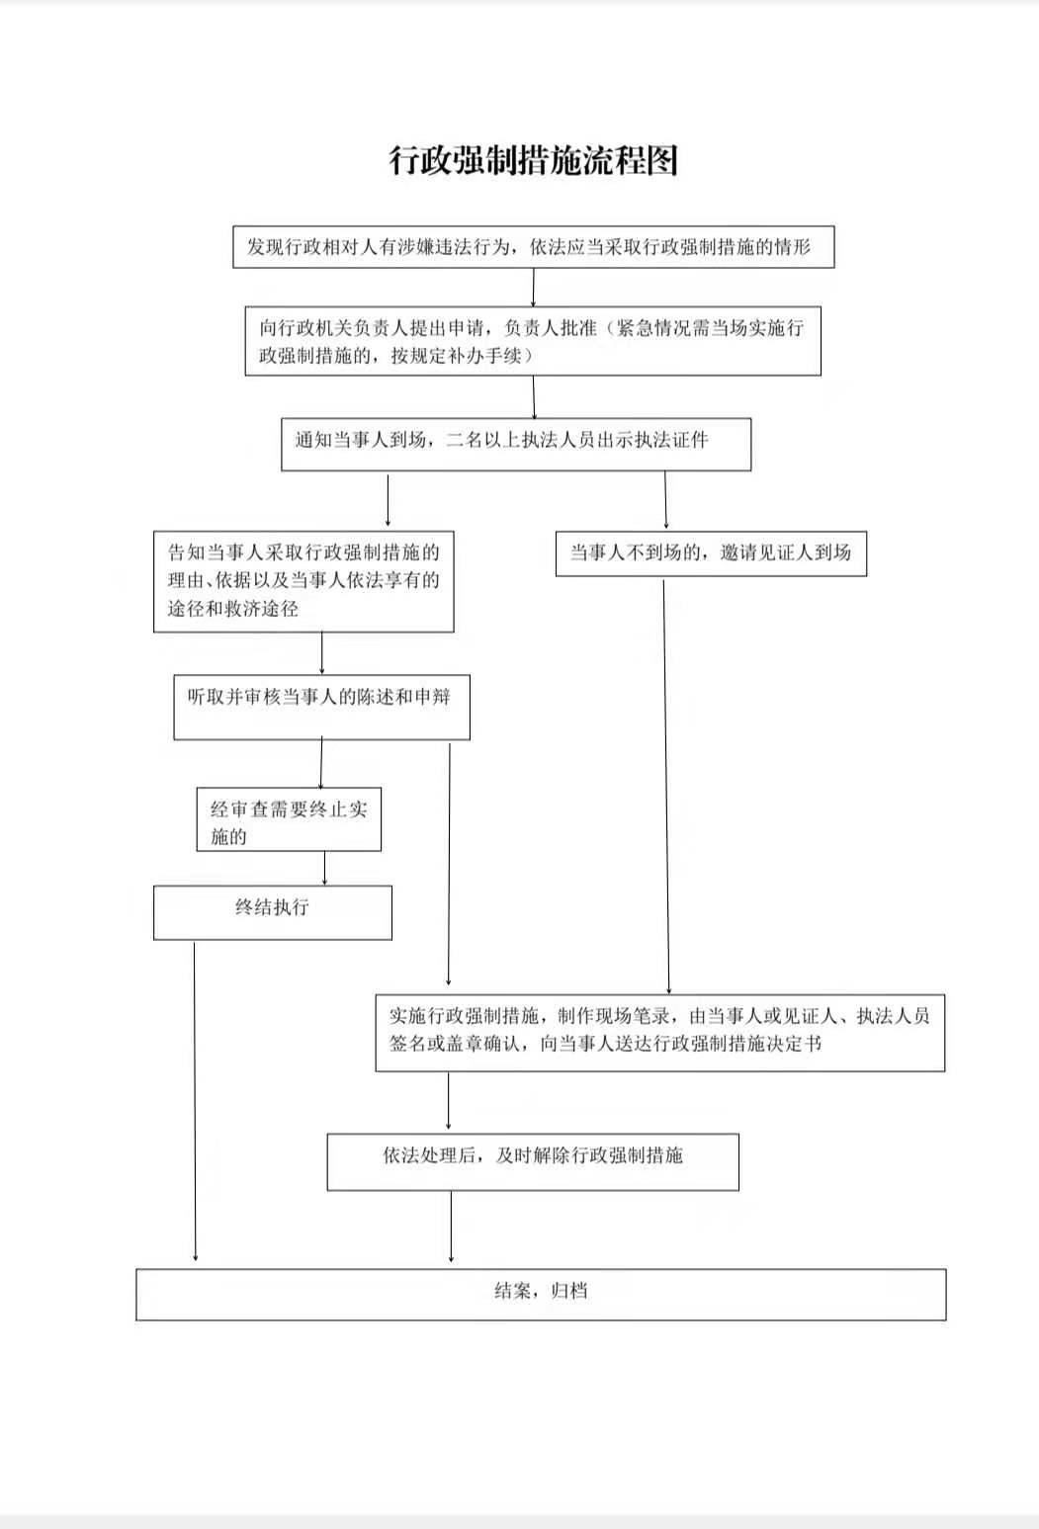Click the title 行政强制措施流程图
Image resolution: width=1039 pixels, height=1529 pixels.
[x=534, y=160]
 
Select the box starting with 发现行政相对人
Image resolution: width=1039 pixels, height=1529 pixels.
[x=534, y=247]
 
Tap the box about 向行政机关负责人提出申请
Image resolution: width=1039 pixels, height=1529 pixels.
[x=533, y=341]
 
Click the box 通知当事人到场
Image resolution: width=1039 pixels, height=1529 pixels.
[x=516, y=444]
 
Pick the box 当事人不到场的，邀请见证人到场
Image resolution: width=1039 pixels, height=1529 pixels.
[x=711, y=553]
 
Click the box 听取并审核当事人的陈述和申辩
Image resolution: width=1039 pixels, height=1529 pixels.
[x=321, y=707]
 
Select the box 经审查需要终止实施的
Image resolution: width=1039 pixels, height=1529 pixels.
[x=289, y=819]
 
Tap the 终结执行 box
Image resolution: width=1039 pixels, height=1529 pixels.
[x=273, y=911]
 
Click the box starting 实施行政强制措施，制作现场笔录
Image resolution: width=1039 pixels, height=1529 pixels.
[x=659, y=1032]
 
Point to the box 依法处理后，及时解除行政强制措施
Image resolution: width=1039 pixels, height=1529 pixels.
[x=533, y=1161]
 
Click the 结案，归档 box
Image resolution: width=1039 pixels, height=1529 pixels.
[x=541, y=1294]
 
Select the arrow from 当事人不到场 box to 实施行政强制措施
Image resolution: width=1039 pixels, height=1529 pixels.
[x=666, y=786]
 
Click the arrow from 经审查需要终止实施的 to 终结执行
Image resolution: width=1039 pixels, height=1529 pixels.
[x=324, y=868]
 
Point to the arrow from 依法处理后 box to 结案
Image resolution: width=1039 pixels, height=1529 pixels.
[x=451, y=1227]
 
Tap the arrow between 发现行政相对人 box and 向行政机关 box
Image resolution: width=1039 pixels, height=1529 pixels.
[x=534, y=288]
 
